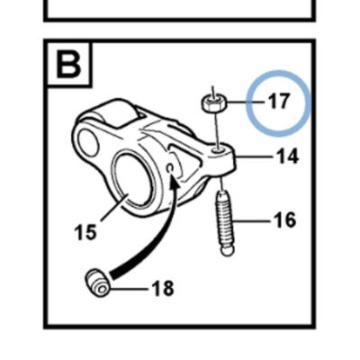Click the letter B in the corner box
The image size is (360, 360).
pos(68,65)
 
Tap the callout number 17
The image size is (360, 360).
pos(279,101)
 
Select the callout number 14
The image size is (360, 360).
pos(287,156)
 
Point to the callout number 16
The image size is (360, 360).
pos(284,220)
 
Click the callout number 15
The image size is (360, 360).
pos(85,231)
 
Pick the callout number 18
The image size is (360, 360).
pos(163,288)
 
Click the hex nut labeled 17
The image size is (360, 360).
pos(213,103)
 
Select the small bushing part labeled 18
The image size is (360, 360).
pos(97,282)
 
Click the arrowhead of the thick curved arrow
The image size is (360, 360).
pos(174,182)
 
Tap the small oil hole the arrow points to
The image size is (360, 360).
pos(170,168)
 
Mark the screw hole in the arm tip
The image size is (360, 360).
pos(219,148)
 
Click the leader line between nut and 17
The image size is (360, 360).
pos(246,103)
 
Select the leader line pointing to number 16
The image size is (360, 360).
pos(252,221)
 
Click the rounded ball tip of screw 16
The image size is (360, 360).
pos(227,250)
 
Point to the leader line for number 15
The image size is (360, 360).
pos(115,208)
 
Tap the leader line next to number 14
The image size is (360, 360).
pos(254,157)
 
